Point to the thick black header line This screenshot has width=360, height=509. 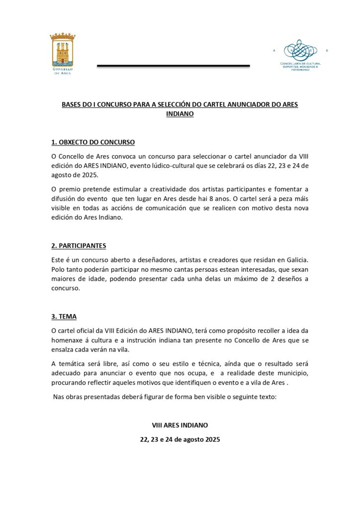tap(173, 66)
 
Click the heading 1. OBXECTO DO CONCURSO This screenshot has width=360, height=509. tap(93, 142)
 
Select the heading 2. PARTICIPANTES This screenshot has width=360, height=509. tap(79, 246)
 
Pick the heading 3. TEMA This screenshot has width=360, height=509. tap(64, 317)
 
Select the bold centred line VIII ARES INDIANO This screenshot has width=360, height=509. tap(180, 425)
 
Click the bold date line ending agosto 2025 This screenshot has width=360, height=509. tap(180, 440)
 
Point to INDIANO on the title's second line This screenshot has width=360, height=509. tap(180, 114)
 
